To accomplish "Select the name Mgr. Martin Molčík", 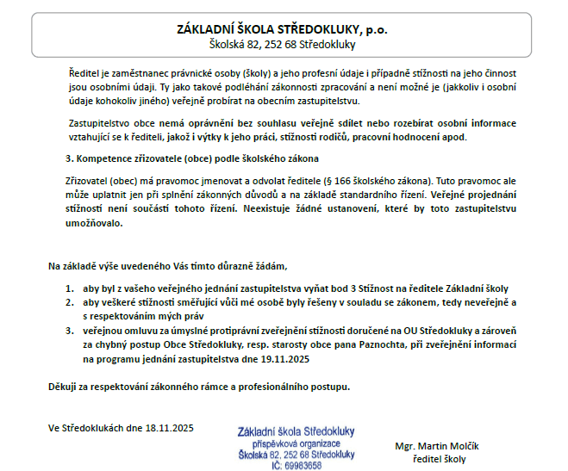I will click(x=436, y=446).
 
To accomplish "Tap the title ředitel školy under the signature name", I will click(x=439, y=459).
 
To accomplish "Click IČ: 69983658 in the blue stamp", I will click(x=296, y=465).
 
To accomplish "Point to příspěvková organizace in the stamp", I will click(x=296, y=443).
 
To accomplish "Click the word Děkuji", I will click(x=65, y=386).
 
